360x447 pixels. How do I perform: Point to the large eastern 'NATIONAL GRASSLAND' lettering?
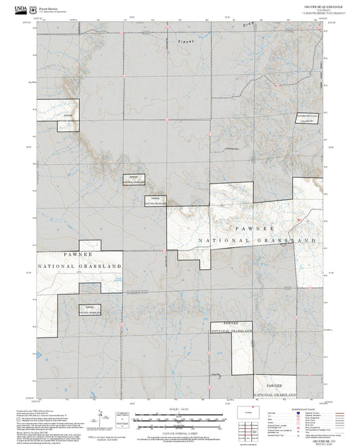[x=257, y=240]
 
